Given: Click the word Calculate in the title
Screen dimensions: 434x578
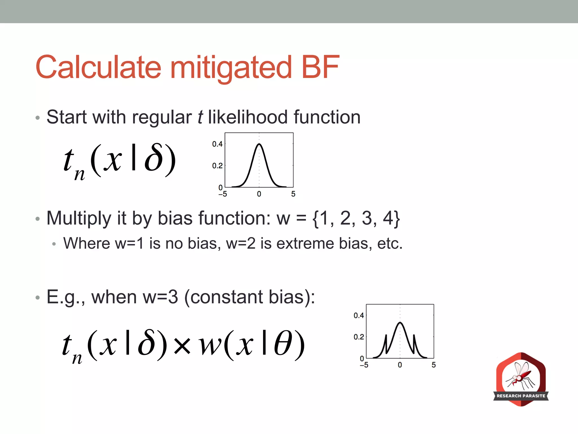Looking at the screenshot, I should point(98,67).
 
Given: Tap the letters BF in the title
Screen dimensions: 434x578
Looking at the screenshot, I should point(320,67).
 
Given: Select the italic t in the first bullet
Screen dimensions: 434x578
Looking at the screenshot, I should point(200,117).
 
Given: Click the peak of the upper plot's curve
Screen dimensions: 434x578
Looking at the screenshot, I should point(259,144).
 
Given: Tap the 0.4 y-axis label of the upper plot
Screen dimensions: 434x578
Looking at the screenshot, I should point(217,144).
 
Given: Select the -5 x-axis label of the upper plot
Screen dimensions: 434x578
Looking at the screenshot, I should point(223,194).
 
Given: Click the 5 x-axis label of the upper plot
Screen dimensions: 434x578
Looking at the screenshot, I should point(293,194).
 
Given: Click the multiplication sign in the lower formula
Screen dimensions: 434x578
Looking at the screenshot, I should point(182,346).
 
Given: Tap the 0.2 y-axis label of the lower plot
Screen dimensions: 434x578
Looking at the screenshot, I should point(359,337).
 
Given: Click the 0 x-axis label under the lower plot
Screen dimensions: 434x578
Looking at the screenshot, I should point(400,365).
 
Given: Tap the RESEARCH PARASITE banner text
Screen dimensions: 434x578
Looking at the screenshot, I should point(521,396).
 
